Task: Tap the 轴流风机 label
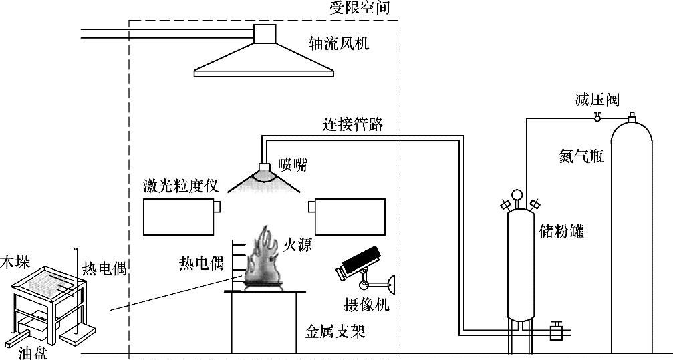[338, 45]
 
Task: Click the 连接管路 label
[354, 124]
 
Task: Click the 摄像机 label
[366, 305]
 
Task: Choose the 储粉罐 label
[561, 231]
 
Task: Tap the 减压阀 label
[597, 100]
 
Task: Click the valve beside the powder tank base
[555, 331]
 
